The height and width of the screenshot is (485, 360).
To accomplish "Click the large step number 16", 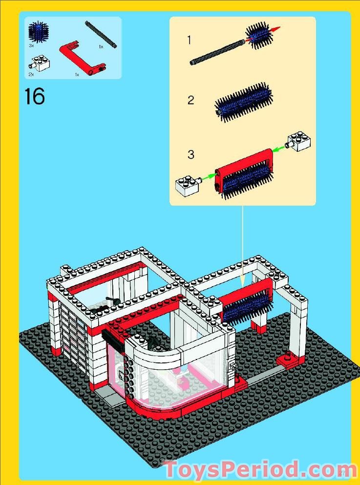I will point(34,96).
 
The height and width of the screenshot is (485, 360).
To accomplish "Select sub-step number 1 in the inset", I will point(190,40).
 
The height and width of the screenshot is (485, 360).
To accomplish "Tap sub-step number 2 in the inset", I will point(191,100).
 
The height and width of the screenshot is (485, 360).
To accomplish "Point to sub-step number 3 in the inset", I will point(191,155).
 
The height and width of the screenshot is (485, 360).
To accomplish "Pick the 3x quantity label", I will point(31,45).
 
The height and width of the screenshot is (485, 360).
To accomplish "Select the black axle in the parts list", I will point(101,34).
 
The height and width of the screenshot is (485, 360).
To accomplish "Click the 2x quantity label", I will point(31,74).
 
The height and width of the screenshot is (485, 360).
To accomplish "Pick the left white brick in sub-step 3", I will point(189,186).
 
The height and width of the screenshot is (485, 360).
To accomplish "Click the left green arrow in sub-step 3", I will point(209,177).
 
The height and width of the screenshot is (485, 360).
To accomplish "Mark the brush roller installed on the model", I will point(247,306).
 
